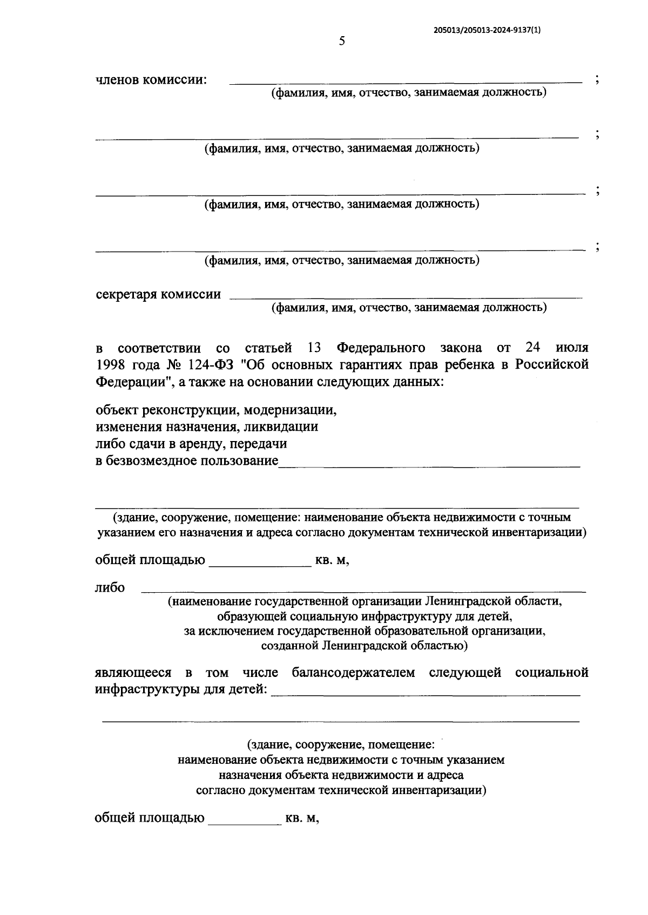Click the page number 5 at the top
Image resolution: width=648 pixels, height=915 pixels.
tap(341, 42)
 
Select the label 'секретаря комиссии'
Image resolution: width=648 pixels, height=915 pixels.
tap(158, 295)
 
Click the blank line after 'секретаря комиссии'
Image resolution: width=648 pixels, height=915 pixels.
tap(406, 296)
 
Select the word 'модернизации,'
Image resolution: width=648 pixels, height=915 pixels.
tap(291, 410)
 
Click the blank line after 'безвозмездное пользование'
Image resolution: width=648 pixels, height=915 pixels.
tap(429, 463)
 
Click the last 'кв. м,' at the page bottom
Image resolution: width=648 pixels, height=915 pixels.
tap(302, 818)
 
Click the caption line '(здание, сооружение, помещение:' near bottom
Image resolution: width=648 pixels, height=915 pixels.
tap(341, 745)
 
